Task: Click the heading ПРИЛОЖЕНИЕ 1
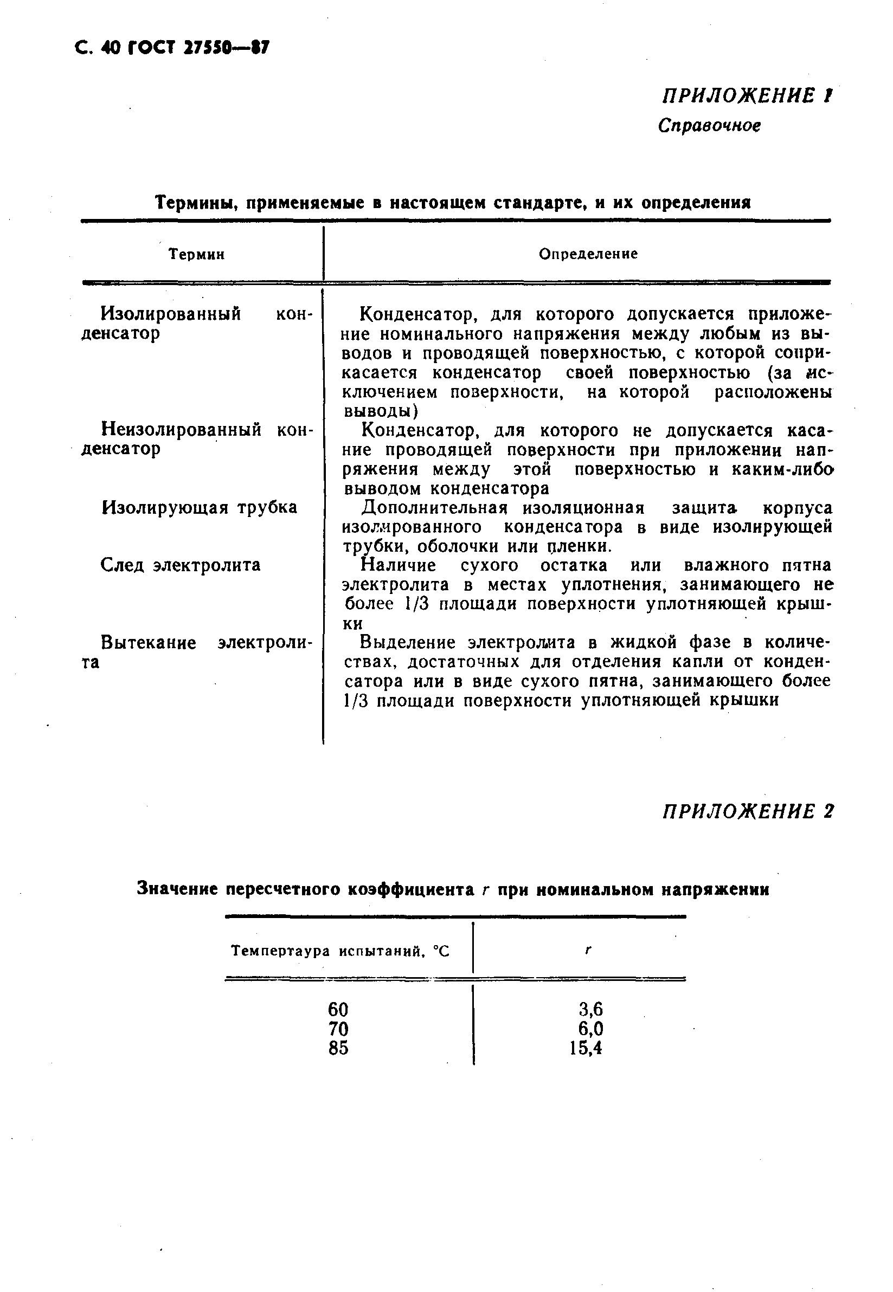[x=748, y=96]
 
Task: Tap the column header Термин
[x=197, y=255]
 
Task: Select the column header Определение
[x=588, y=254]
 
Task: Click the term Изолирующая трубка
[x=199, y=507]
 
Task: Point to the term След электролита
[x=180, y=565]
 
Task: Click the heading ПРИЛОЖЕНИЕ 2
[x=748, y=811]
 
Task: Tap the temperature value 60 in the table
[x=338, y=1009]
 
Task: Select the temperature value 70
[x=338, y=1029]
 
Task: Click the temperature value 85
[x=338, y=1048]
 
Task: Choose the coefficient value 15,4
[x=586, y=1048]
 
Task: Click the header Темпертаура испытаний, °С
[x=340, y=951]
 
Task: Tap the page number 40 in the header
[x=111, y=49]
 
